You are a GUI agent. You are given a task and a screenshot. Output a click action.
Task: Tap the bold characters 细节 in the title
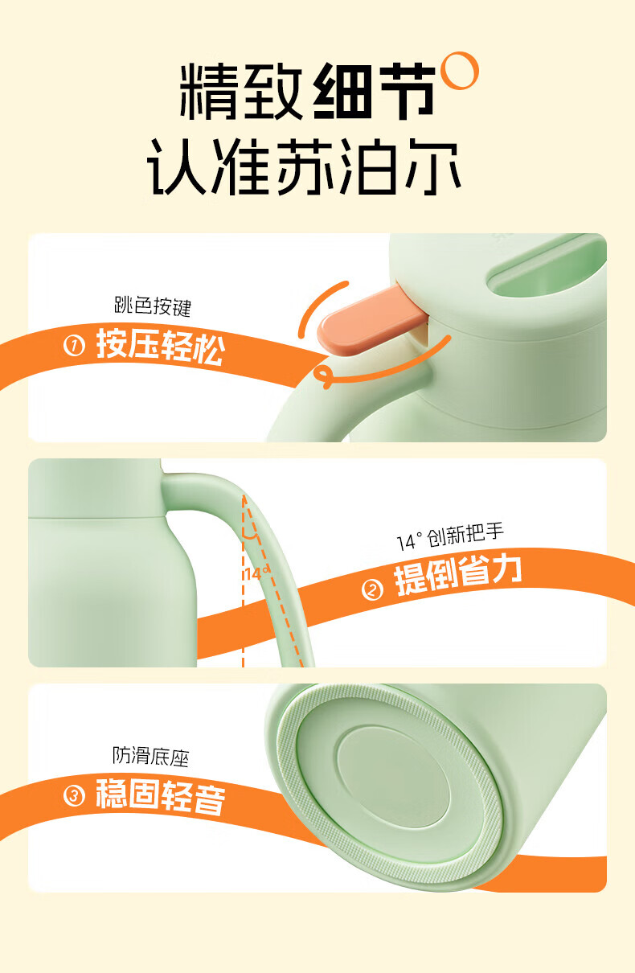pyautogui.click(x=374, y=91)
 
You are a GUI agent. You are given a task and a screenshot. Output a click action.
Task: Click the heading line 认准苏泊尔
pyautogui.click(x=304, y=167)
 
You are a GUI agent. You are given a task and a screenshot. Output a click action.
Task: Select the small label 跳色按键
pyautogui.click(x=153, y=306)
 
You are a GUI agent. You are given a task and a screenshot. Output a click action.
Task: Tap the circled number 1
pyautogui.click(x=74, y=347)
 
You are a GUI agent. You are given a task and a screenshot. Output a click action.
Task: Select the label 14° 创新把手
pyautogui.click(x=450, y=537)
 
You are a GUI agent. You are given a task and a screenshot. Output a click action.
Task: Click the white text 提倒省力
pyautogui.click(x=458, y=575)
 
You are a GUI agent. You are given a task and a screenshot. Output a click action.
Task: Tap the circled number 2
pyautogui.click(x=373, y=590)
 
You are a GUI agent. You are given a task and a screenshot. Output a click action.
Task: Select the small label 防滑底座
pyautogui.click(x=151, y=756)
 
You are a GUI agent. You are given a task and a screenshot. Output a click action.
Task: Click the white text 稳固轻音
pyautogui.click(x=161, y=796)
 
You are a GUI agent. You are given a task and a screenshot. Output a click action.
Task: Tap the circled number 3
pyautogui.click(x=74, y=796)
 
